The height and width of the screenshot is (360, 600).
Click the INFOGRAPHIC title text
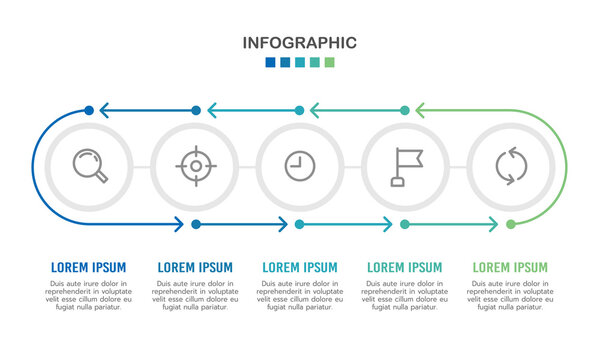pyautogui.click(x=300, y=42)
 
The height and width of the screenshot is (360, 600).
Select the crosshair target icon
pyautogui.click(x=196, y=166)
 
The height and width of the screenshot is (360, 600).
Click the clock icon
pyautogui.click(x=299, y=166)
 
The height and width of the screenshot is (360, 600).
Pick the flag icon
pyautogui.click(x=406, y=166)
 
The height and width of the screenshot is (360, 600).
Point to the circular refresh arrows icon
pyautogui.click(x=510, y=166)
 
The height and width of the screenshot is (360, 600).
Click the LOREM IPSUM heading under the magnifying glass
pyautogui.click(x=89, y=268)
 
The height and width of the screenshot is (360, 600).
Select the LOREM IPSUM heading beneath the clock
pyautogui.click(x=299, y=268)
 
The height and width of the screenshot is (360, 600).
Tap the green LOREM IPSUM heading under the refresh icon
pyautogui.click(x=510, y=268)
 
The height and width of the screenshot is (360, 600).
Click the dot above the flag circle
pyautogui.click(x=405, y=110)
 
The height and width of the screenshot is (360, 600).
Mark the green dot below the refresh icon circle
pyautogui.click(x=511, y=224)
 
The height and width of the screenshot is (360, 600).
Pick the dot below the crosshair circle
pyautogui.click(x=196, y=224)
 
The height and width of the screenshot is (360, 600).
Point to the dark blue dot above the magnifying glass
pyautogui.click(x=90, y=110)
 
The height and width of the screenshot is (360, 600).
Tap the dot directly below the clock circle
pyautogui.click(x=300, y=224)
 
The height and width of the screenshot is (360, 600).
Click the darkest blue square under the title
pyautogui.click(x=270, y=62)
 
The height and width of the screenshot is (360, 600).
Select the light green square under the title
pyautogui.click(x=330, y=62)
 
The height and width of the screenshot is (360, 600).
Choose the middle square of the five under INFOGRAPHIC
pyautogui.click(x=300, y=62)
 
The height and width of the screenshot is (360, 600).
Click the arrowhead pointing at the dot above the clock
pyautogui.click(x=314, y=110)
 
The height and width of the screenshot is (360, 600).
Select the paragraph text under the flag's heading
pyautogui.click(x=405, y=295)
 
